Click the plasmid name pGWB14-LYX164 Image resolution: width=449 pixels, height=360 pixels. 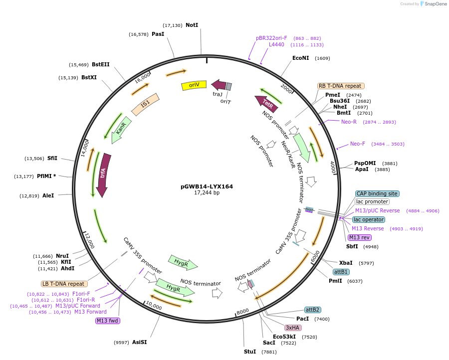[207, 186]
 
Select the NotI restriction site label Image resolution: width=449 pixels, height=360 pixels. [192, 25]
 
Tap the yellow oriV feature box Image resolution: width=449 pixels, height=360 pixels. [194, 85]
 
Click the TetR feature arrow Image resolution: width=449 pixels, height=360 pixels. [266, 103]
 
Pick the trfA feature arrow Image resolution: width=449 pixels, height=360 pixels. [103, 174]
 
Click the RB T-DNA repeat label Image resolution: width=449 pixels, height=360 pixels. [341, 86]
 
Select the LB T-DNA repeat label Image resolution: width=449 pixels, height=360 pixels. [63, 284]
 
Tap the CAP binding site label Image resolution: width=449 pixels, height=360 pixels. [377, 193]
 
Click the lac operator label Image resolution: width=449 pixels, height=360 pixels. [368, 219]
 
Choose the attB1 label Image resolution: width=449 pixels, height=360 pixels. [341, 272]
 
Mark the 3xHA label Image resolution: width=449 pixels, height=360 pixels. [292, 328]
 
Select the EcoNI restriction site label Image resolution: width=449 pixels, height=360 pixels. [300, 58]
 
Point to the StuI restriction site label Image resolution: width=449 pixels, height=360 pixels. [249, 352]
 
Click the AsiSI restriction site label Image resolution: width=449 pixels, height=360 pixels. [139, 342]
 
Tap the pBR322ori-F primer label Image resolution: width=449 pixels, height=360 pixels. [271, 38]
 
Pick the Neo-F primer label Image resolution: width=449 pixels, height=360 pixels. [357, 144]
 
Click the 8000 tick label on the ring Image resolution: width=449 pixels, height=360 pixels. [242, 312]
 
